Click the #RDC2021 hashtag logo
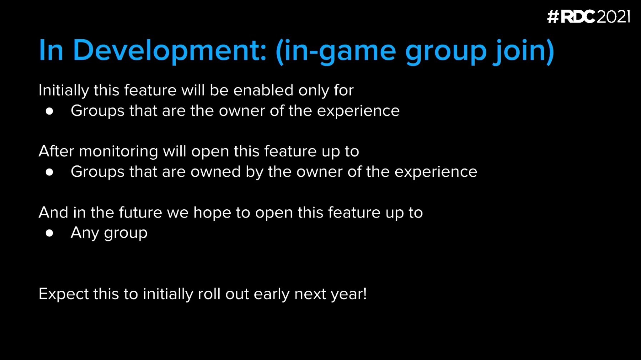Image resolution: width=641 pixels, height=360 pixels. coord(589,17)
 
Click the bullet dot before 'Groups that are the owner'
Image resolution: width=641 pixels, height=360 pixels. coord(50,111)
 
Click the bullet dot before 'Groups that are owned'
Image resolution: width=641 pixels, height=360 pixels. coord(50,172)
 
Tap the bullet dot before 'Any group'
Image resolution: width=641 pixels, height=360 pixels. coord(50,234)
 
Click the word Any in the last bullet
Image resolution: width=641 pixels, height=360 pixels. coord(85,233)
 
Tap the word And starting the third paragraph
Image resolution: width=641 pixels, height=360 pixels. coord(53,212)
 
